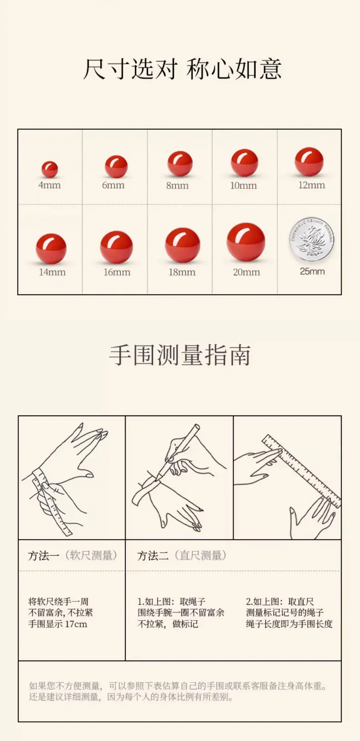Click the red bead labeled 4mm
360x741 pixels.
(x=50, y=169)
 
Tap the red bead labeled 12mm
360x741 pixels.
(x=309, y=162)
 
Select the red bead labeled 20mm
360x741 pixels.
(x=246, y=242)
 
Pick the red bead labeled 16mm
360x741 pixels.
(x=117, y=247)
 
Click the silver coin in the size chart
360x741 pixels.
(x=312, y=239)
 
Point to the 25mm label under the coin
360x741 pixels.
(x=312, y=271)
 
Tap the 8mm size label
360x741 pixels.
(x=177, y=185)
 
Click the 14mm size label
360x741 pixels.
(x=52, y=272)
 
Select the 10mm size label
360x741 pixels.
(x=243, y=185)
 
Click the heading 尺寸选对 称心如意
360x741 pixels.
(x=182, y=69)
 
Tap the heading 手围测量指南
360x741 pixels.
(x=180, y=355)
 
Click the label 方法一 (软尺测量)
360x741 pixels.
(x=72, y=556)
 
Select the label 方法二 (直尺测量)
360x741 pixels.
(x=182, y=556)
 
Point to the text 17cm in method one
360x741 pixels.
(x=76, y=624)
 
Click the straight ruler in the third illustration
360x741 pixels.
(x=301, y=471)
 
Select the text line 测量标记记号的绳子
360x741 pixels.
(x=284, y=613)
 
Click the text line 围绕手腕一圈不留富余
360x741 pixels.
(x=181, y=613)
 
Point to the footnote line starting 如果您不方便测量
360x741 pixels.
(x=177, y=686)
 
